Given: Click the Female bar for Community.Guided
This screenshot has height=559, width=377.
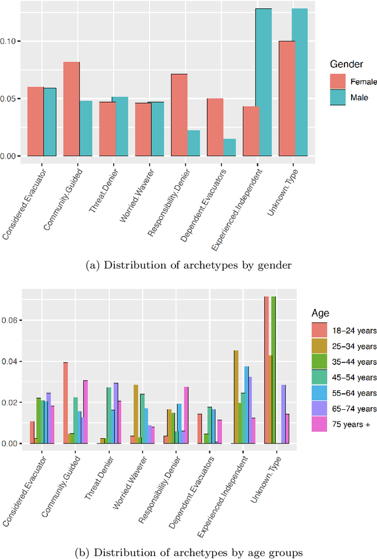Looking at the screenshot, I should click(71, 109).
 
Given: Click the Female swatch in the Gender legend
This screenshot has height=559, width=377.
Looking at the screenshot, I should click(338, 81).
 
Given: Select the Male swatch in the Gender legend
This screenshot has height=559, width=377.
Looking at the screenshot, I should click(338, 96).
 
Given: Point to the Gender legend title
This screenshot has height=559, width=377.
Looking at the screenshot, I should click(346, 63).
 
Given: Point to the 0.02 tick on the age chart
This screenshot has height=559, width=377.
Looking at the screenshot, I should click(10, 402).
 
